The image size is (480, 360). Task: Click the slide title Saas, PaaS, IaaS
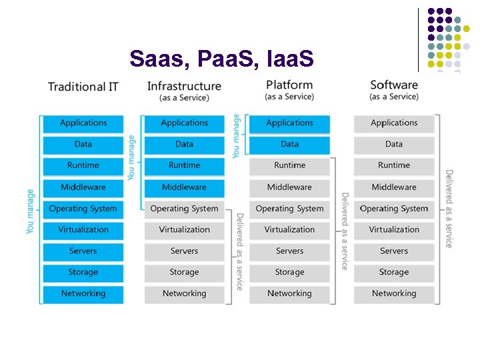click(x=221, y=59)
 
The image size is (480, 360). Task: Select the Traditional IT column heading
click(x=83, y=87)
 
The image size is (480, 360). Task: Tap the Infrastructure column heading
click(x=184, y=86)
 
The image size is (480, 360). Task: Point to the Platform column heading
click(x=289, y=85)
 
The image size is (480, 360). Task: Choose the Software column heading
click(x=394, y=85)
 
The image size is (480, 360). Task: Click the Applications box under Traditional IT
click(x=83, y=123)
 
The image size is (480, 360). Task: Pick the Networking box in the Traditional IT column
click(x=83, y=294)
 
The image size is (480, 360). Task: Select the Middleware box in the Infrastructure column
click(x=184, y=187)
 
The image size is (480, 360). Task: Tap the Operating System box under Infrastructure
click(x=184, y=209)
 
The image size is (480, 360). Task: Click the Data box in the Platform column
click(x=289, y=145)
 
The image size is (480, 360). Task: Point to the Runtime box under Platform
click(x=289, y=166)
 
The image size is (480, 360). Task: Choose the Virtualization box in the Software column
click(x=394, y=230)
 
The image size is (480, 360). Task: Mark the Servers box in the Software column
click(x=394, y=251)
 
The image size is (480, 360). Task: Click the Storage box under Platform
click(x=289, y=273)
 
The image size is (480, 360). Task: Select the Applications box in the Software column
click(x=394, y=123)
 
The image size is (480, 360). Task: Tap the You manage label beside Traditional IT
click(x=30, y=211)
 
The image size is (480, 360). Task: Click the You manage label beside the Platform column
click(x=236, y=135)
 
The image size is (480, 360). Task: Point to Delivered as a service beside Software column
click(x=449, y=208)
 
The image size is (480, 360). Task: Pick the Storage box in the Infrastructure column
click(x=184, y=273)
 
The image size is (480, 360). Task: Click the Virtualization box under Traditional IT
click(x=83, y=230)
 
